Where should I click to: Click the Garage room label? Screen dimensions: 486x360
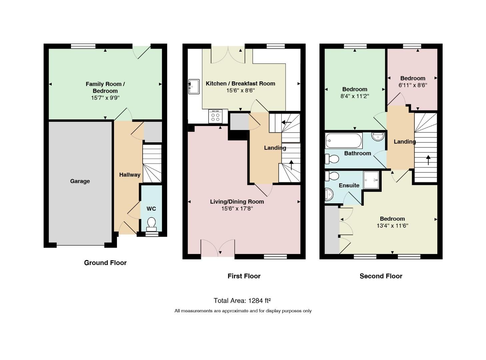[80, 181]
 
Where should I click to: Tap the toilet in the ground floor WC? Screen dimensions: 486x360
[151, 224]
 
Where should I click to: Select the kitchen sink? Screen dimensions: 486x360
[194, 87]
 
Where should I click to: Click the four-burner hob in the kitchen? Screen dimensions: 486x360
[215, 116]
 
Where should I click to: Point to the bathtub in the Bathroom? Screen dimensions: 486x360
[344, 141]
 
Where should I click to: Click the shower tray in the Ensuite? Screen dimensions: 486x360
[371, 180]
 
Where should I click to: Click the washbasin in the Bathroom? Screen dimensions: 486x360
[378, 136]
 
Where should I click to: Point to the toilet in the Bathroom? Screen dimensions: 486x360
[332, 159]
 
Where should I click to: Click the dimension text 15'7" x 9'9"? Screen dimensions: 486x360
[105, 98]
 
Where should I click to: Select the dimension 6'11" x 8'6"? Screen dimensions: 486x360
[413, 85]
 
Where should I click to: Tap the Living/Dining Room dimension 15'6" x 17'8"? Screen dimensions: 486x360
[237, 208]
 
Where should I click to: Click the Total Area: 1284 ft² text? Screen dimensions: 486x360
[242, 301]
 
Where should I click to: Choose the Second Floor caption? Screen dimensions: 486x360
[381, 276]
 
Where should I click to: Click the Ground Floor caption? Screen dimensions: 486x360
[105, 263]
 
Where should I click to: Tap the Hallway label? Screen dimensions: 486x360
[130, 175]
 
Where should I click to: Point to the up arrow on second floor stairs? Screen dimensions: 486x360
[428, 160]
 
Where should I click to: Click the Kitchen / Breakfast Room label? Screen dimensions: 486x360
[240, 83]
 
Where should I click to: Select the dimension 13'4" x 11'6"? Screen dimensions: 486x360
[392, 225]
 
